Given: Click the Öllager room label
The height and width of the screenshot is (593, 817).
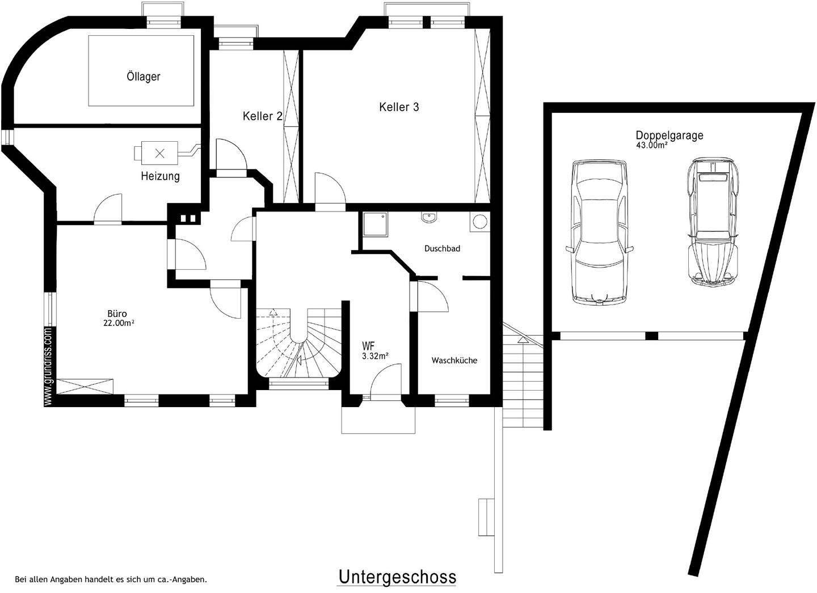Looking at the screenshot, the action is point(144,77).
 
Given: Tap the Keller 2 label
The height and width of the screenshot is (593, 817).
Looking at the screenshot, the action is point(263,116).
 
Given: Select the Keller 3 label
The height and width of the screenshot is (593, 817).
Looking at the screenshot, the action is point(399,107).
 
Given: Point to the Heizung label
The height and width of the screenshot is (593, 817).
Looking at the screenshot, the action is point(161,176).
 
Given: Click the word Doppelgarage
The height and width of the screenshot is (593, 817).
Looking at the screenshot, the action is point(669,135).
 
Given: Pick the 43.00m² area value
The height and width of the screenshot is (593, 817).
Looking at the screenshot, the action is point(652,145).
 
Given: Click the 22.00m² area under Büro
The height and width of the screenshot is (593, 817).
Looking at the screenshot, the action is point(119,323).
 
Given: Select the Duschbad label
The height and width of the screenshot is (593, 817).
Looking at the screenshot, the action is point(442,248).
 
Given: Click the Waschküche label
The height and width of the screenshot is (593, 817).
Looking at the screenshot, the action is point(454,361).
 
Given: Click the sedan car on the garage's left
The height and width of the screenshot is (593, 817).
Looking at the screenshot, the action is point(600,232).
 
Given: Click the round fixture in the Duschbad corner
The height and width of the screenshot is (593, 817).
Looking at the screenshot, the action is point(479,221).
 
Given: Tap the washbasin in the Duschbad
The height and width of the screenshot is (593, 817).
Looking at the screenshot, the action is point(428,218).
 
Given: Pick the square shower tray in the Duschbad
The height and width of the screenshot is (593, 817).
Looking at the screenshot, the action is point(376,225).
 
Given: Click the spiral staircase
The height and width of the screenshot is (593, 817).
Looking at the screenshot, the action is point(298,343).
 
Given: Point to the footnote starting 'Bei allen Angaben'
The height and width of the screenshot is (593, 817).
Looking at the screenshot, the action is point(111,579).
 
